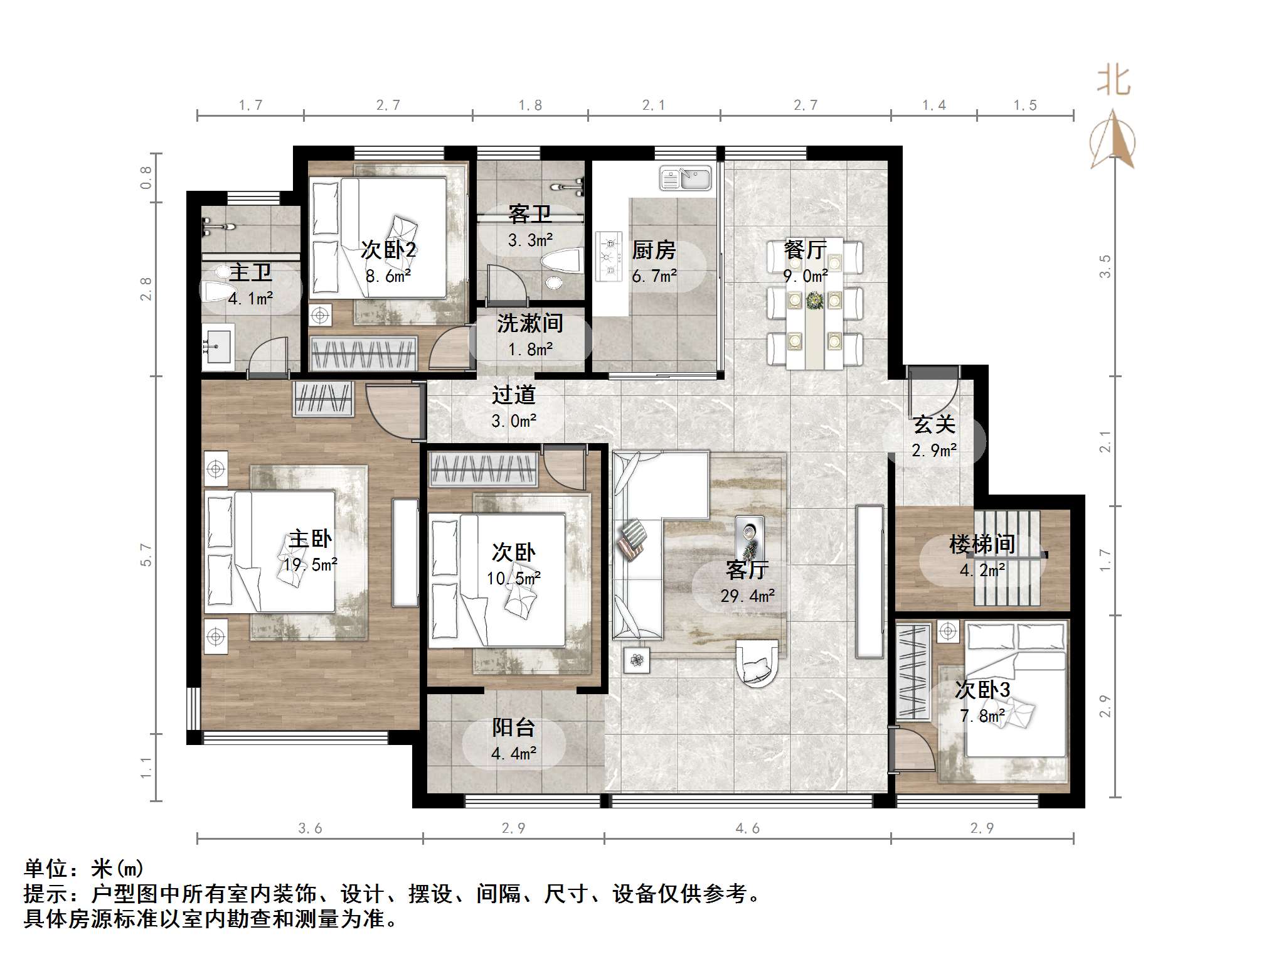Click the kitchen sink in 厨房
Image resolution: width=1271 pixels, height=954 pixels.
pos(685,178)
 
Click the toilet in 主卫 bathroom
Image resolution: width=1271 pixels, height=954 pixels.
pos(217,289)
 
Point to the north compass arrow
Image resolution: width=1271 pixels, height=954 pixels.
pos(1112,139)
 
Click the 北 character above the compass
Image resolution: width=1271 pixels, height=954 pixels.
pos(1114,82)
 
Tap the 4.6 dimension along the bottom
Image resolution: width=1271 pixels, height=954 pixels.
pos(747,828)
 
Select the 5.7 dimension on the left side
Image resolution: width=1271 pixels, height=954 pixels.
pos(146,555)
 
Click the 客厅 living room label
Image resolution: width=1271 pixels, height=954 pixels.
pos(747,570)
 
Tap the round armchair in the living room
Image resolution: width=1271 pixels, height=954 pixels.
pos(757,663)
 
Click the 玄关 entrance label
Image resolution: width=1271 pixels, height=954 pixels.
pos(934,424)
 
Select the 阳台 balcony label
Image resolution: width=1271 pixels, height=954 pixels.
pos(513,727)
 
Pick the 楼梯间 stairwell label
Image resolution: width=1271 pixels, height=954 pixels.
pos(982,544)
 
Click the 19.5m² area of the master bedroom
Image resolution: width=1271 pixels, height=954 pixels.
pos(310,564)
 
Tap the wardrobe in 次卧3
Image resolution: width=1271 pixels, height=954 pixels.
pos(913,671)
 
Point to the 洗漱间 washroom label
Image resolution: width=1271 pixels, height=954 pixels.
pos(530,323)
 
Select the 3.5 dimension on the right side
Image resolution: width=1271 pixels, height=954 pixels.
pos(1105,266)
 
